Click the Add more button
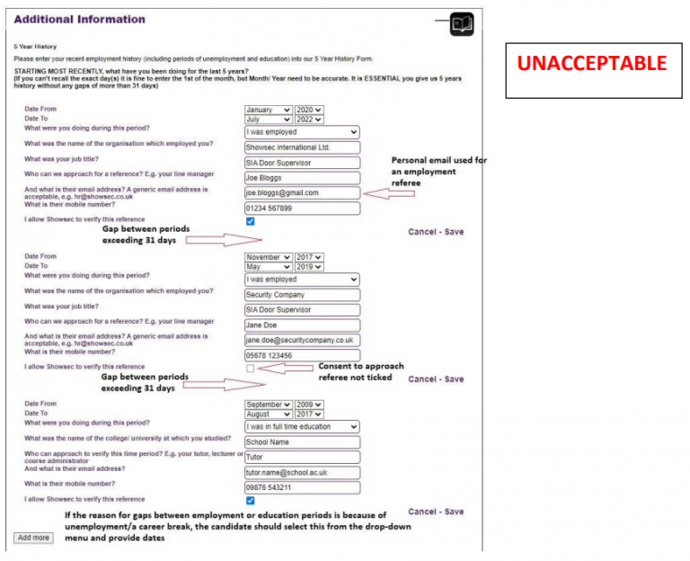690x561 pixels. [x=33, y=538]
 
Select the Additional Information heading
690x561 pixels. [x=79, y=19]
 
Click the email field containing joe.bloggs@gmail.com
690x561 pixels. [x=302, y=192]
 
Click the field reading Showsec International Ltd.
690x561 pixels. [x=302, y=147]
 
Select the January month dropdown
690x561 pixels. [x=268, y=110]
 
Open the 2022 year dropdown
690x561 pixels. [x=309, y=119]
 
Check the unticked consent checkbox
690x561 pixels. [x=250, y=369]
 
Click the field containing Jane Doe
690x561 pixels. [x=302, y=325]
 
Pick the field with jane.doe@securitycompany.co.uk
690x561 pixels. [x=302, y=340]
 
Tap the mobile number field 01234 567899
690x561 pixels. [x=302, y=208]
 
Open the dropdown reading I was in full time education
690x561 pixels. [x=302, y=427]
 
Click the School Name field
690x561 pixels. [x=302, y=442]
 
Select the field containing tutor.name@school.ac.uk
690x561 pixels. [x=302, y=472]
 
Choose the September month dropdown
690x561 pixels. [x=268, y=405]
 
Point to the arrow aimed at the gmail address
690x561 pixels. [x=379, y=192]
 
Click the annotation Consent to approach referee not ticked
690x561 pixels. [x=361, y=372]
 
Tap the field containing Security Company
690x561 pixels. [x=302, y=294]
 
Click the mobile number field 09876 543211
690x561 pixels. [x=302, y=487]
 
